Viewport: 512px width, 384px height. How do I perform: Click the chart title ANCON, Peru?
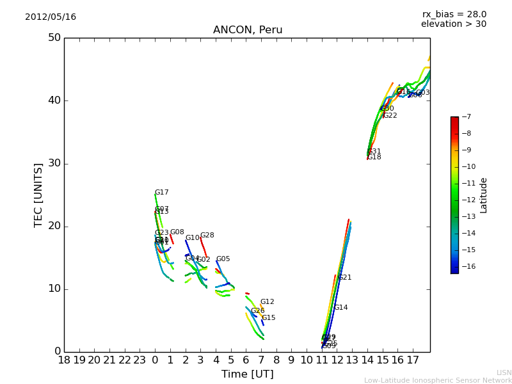point(248,30)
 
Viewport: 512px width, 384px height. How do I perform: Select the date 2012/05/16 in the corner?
point(51,17)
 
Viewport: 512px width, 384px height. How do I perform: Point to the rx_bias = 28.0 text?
point(454,14)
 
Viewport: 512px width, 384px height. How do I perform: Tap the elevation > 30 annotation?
point(453,24)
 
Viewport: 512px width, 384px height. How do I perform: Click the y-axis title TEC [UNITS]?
point(38,195)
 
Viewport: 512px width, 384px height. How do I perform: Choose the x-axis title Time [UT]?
point(247,374)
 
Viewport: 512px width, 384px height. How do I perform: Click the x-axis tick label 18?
point(64,360)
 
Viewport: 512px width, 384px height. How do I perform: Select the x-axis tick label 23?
point(140,360)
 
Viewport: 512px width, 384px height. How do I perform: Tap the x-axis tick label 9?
point(291,360)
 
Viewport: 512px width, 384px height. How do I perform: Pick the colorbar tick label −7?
point(465,117)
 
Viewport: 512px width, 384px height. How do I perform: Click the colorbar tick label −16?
point(467,266)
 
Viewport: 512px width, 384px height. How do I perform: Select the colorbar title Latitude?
point(484,195)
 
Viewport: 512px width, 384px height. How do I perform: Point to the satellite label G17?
point(162,193)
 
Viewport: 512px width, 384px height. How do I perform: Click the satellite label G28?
point(207,236)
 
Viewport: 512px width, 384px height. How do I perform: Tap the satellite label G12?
point(267,302)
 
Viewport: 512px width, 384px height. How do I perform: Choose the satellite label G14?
point(340,308)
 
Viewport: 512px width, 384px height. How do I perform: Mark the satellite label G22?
point(390,116)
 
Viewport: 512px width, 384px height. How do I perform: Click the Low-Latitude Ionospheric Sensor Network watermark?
point(438,380)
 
